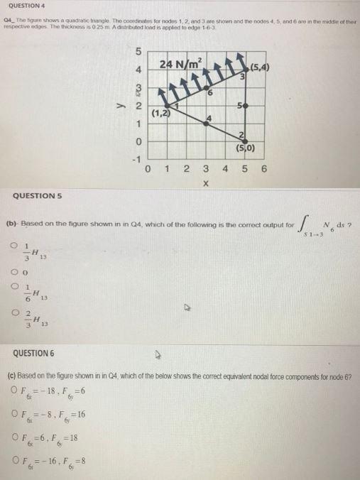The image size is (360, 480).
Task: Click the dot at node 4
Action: tap(206, 123)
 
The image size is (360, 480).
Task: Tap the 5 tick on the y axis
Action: tap(140, 52)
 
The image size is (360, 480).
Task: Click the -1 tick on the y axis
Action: tap(138, 158)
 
